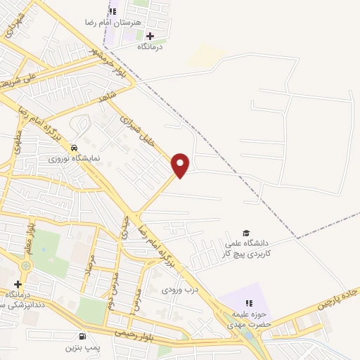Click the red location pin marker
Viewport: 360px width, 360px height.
point(181,165)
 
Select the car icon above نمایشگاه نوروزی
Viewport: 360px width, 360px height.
point(75,148)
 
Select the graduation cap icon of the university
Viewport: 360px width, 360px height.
point(246,233)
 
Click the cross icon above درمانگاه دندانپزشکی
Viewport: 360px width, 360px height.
point(18,283)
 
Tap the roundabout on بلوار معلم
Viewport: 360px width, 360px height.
point(26,266)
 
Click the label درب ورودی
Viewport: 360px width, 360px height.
point(176,289)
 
